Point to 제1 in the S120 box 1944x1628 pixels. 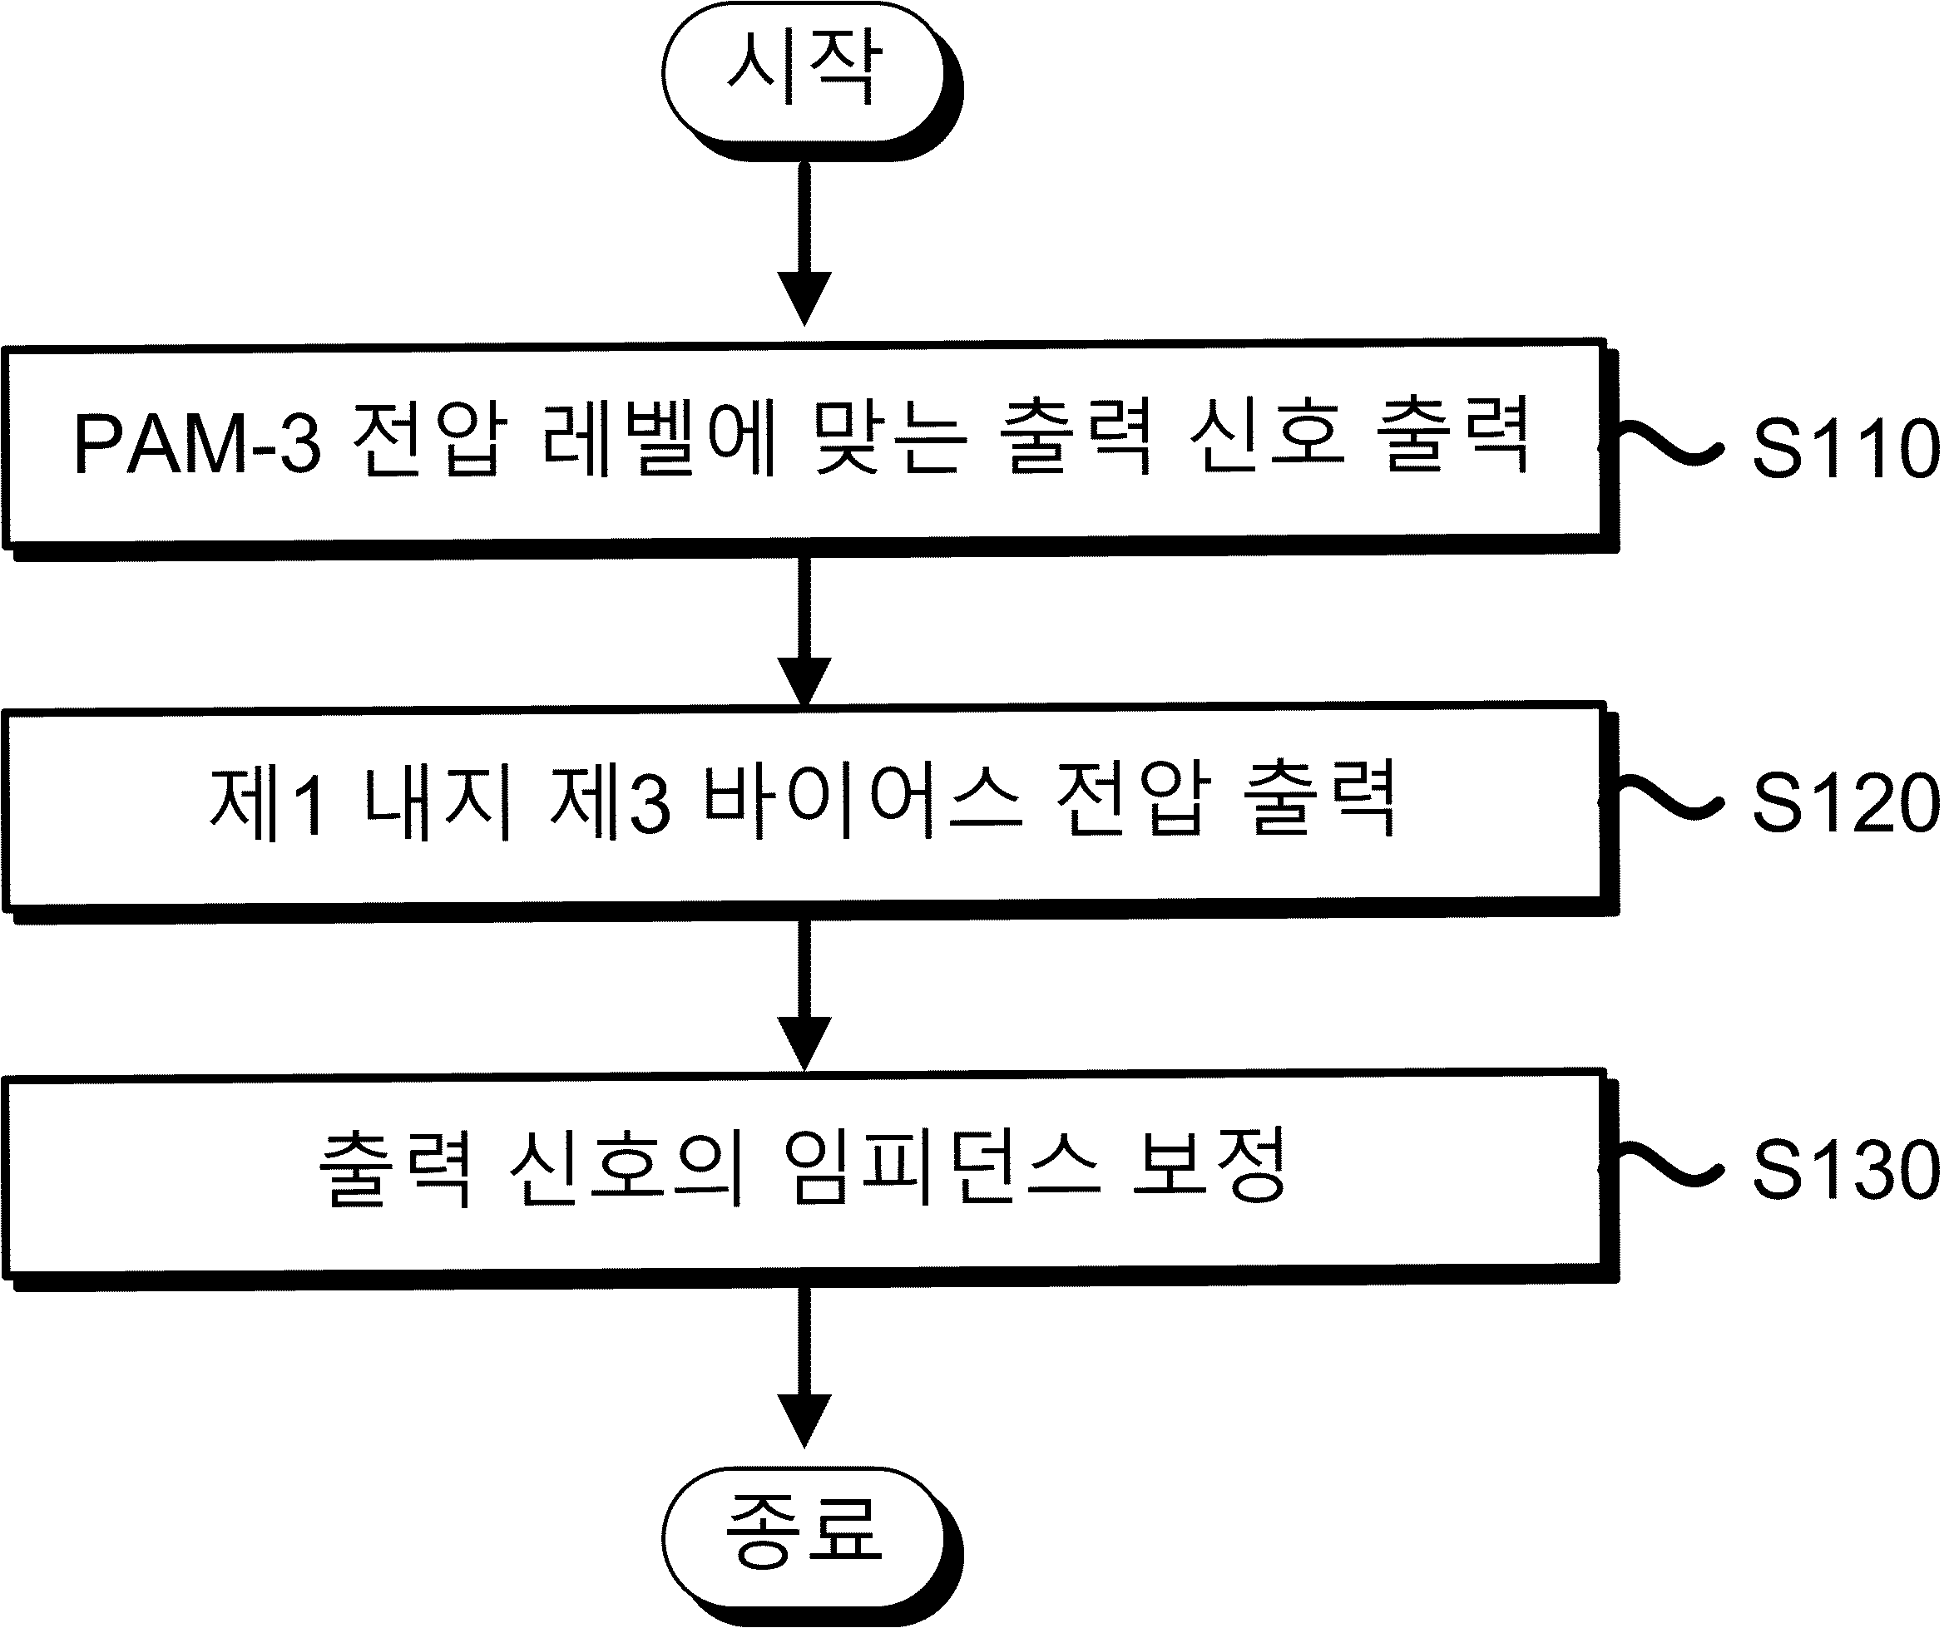[x=268, y=802]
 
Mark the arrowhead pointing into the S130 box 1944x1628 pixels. [x=804, y=1044]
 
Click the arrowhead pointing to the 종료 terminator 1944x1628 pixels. [x=804, y=1421]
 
